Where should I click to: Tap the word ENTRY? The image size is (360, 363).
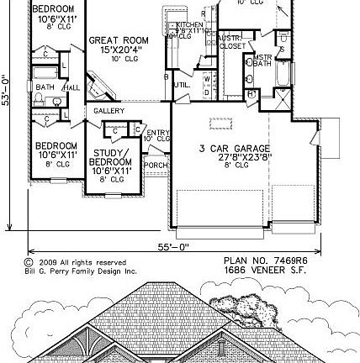click(x=157, y=132)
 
